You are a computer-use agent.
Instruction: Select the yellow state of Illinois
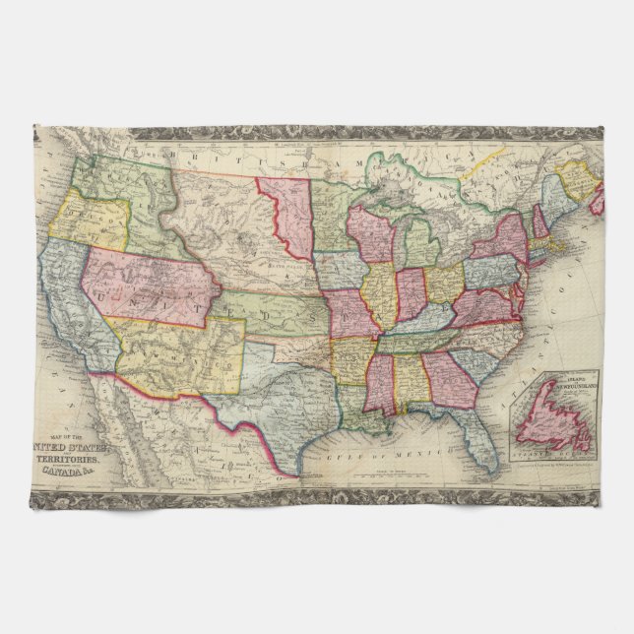coord(381,293)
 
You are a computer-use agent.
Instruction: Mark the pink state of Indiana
coord(410,293)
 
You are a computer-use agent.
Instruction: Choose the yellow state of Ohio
coord(442,284)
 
